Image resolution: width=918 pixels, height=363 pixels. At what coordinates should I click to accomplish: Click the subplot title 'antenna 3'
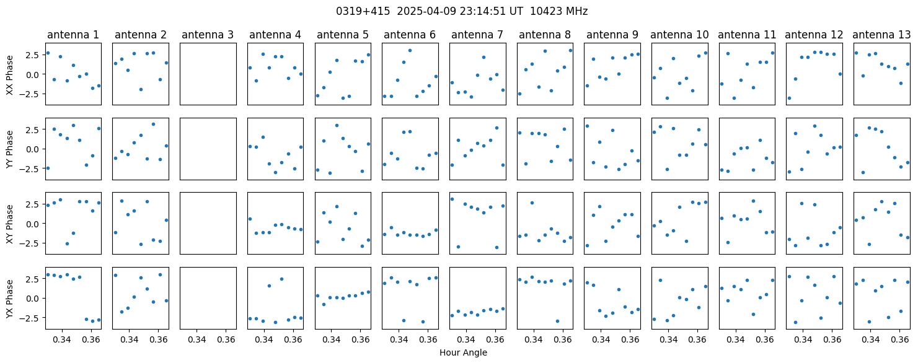click(208, 35)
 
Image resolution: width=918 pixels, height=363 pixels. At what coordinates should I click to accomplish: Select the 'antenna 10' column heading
click(679, 35)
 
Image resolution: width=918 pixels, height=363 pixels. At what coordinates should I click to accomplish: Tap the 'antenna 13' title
click(881, 35)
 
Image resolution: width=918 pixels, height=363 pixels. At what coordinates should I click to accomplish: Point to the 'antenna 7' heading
click(477, 35)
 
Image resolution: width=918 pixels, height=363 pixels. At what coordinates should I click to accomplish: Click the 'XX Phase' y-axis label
click(10, 75)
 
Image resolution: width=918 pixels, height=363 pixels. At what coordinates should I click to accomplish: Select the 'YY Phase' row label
click(10, 149)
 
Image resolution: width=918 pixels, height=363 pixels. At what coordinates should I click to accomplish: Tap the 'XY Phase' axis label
click(10, 224)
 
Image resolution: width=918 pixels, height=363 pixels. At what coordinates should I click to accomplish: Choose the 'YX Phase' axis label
click(10, 299)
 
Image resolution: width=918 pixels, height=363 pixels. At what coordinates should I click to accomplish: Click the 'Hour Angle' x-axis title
click(463, 352)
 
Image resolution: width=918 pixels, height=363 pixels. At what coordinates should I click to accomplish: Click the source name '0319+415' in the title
click(363, 11)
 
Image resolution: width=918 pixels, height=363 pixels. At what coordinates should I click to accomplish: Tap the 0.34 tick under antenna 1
click(62, 339)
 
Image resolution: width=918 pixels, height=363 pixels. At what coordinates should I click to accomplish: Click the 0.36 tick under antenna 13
click(900, 339)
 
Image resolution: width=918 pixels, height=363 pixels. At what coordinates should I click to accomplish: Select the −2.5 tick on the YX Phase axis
click(32, 318)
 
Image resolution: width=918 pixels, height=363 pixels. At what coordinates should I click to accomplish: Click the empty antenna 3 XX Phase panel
click(208, 74)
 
